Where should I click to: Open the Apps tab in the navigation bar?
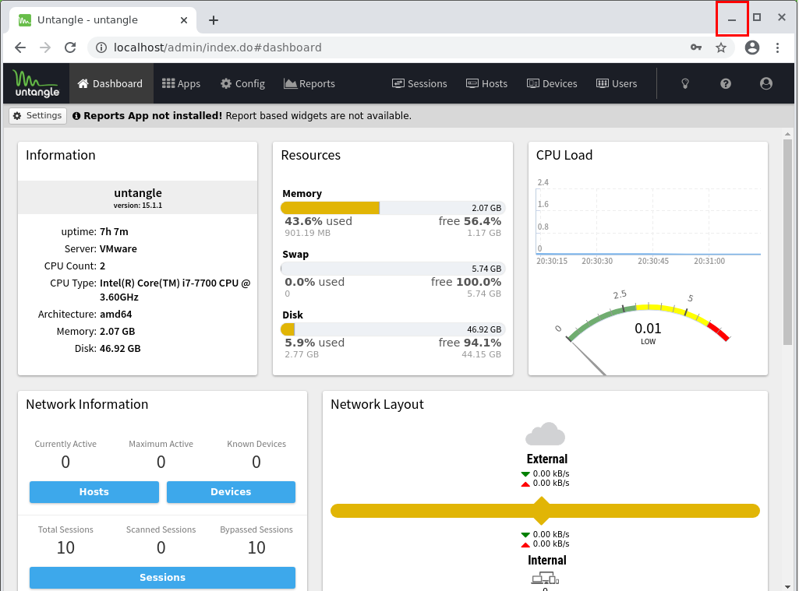(181, 83)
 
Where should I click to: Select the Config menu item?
(242, 83)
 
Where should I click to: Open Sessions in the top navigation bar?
(419, 83)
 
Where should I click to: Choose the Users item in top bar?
(617, 83)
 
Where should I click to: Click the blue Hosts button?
(94, 492)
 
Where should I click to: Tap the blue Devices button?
(231, 492)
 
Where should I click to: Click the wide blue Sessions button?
(162, 578)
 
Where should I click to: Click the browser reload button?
(70, 47)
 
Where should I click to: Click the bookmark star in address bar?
(721, 47)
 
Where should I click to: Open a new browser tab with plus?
(214, 19)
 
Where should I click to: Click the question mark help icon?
(726, 83)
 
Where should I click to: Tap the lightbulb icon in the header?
(685, 83)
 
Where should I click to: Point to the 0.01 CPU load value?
(648, 329)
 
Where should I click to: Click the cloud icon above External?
(546, 434)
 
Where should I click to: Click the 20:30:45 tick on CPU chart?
(652, 262)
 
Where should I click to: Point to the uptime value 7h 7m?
(114, 231)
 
